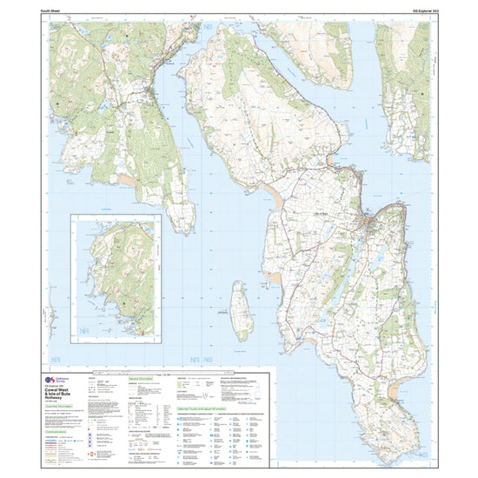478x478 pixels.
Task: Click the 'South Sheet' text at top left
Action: [63, 11]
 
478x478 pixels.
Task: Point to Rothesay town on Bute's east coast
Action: [372, 228]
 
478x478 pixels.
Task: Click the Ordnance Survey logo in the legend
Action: [61, 382]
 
